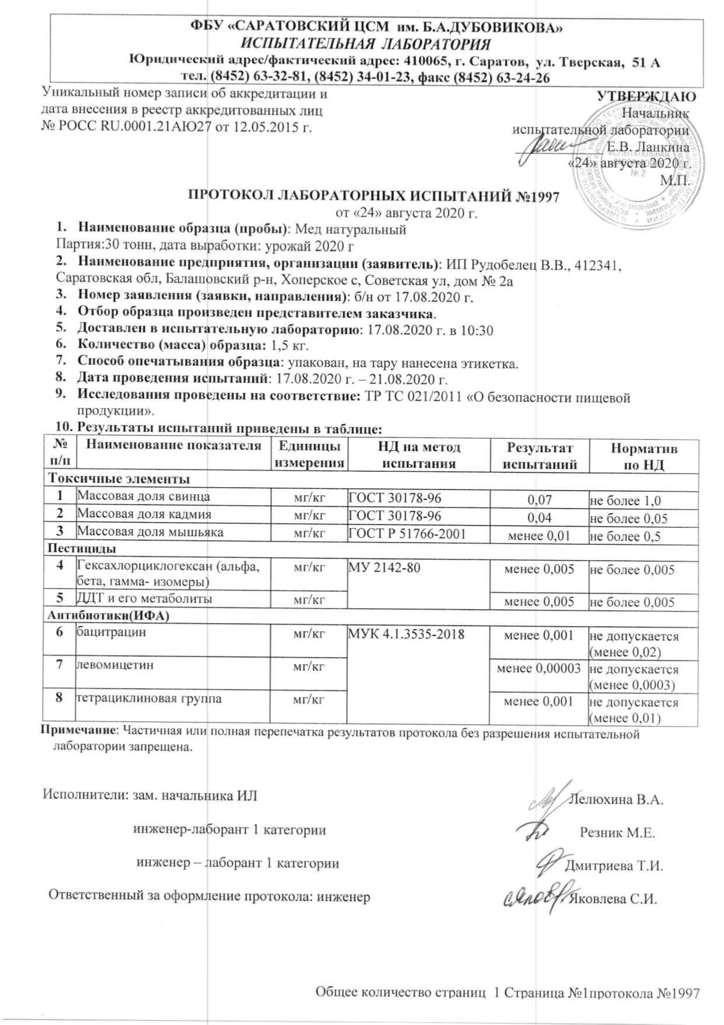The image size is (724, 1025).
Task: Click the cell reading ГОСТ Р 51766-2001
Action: point(407,533)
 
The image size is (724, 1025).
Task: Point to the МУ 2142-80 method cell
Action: point(384,567)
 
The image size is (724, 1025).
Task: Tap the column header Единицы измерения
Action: point(309,455)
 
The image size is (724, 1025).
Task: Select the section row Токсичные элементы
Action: point(119,480)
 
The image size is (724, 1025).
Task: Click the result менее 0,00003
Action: point(538,668)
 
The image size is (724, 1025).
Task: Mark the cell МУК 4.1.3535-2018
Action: point(406,633)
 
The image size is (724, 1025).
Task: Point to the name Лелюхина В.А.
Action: point(615,800)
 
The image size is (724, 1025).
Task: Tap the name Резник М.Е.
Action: point(617,833)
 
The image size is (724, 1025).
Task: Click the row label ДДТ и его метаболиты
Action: point(144,599)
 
